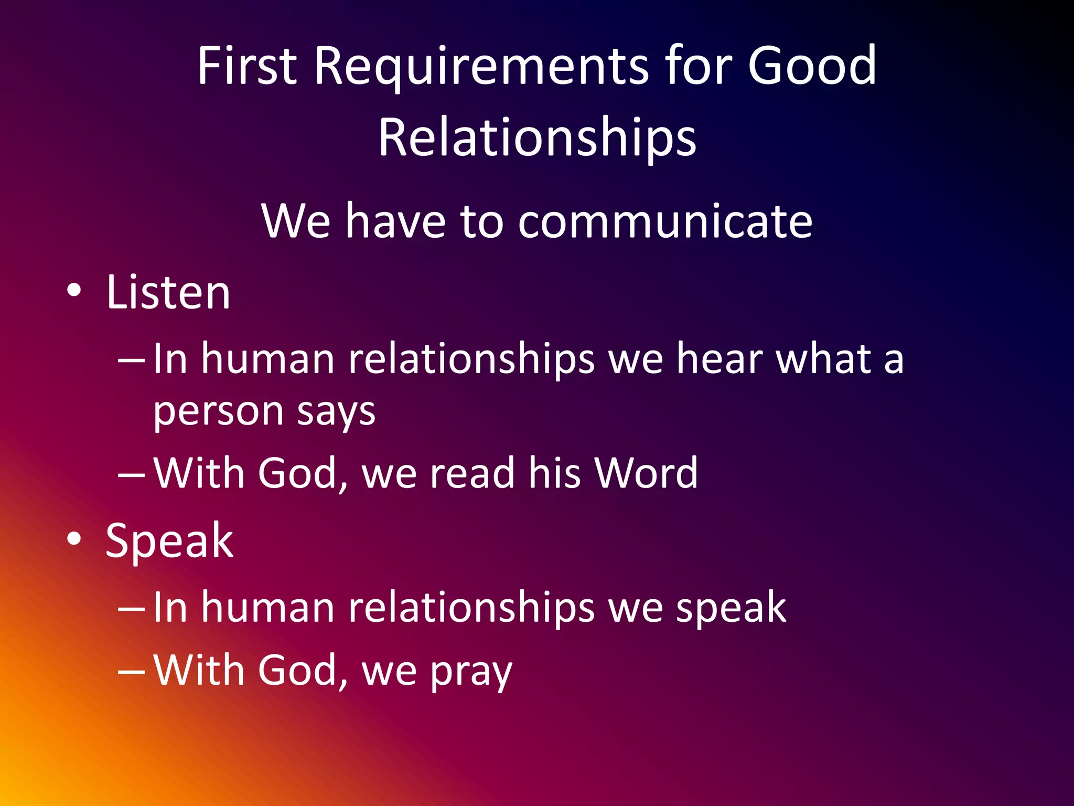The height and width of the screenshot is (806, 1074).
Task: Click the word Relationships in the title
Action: [537, 137]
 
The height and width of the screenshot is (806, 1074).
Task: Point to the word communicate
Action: [665, 221]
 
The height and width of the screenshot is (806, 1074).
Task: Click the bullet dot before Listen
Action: [74, 290]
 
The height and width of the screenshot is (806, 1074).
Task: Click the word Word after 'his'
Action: [646, 473]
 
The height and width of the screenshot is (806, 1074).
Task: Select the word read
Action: [472, 473]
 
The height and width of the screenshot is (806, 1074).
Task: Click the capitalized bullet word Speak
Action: [169, 542]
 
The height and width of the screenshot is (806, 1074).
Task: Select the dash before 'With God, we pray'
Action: [131, 671]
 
